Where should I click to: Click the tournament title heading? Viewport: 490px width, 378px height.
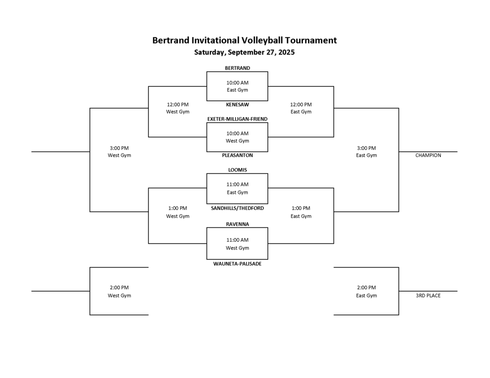(x=245, y=40)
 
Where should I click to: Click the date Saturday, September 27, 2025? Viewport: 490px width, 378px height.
(x=245, y=52)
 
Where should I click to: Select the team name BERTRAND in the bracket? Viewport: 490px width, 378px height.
(x=237, y=68)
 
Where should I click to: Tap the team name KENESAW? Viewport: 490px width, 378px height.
(x=237, y=104)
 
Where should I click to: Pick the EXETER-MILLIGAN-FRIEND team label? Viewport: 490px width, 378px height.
(x=237, y=119)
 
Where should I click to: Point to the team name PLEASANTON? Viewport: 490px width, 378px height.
(x=237, y=155)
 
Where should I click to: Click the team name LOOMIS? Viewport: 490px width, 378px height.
(x=237, y=170)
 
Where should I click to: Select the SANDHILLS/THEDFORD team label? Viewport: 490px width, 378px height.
(x=237, y=208)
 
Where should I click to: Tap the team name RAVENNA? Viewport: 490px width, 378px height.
(x=237, y=224)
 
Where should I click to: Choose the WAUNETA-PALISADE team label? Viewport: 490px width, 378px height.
(x=237, y=263)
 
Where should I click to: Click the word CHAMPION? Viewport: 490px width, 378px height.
(x=428, y=155)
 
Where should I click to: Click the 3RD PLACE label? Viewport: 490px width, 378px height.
(x=428, y=295)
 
